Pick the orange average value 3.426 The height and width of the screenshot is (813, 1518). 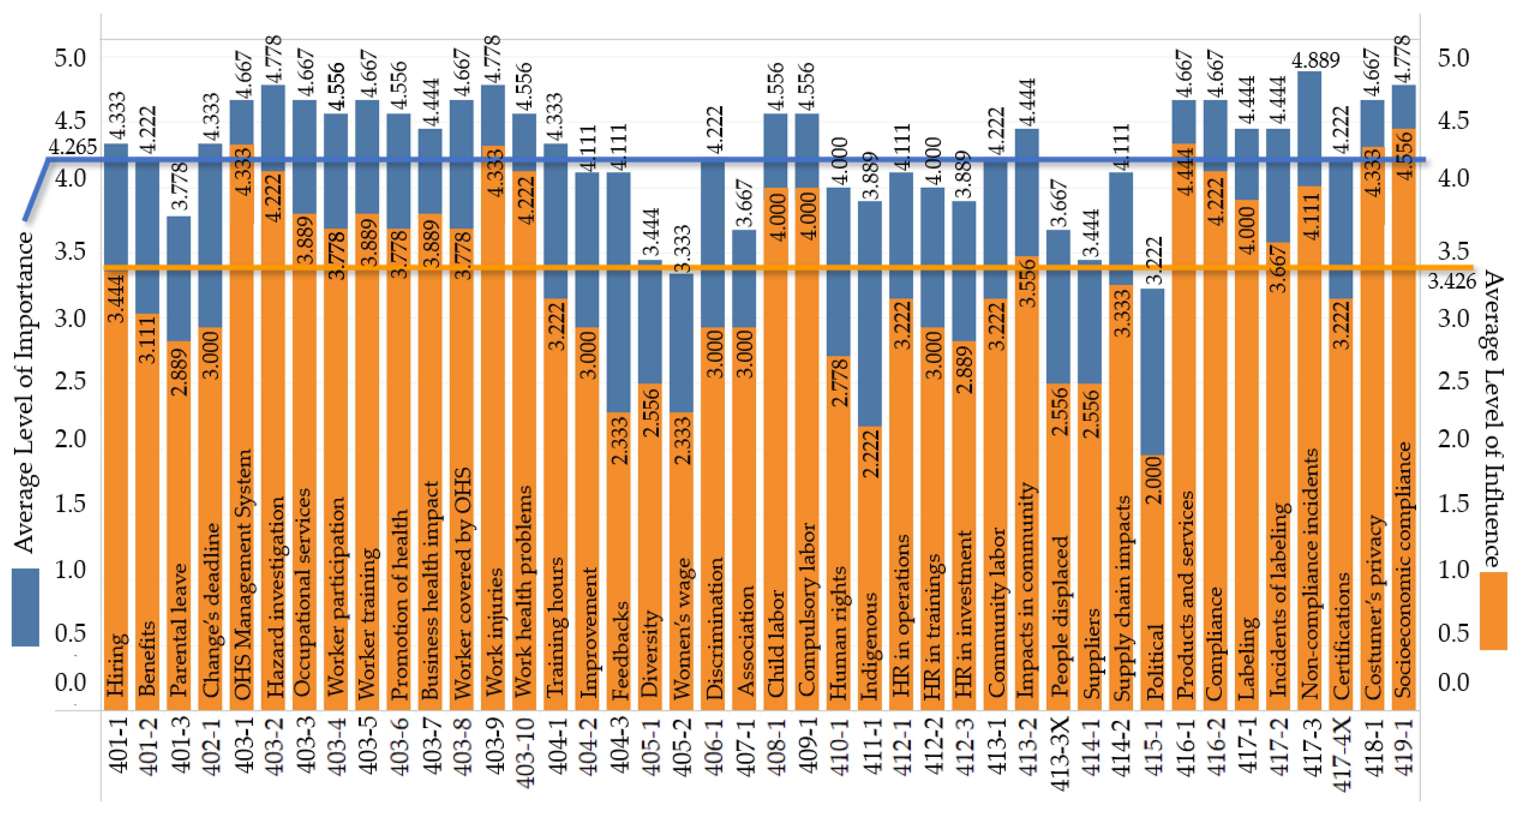[x=1451, y=282]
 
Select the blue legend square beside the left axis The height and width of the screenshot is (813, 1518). [x=25, y=607]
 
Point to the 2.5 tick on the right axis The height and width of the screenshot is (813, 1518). [x=1453, y=381]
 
